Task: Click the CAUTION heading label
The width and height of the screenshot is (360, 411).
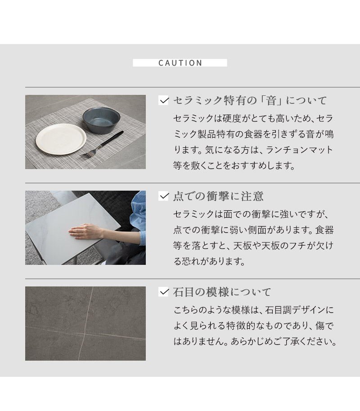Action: click(180, 63)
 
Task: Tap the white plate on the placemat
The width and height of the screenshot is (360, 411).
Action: click(61, 139)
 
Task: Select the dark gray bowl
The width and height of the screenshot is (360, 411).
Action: click(101, 120)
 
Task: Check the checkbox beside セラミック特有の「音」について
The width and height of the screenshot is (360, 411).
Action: click(164, 100)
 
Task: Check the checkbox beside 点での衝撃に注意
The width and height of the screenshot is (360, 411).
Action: click(164, 196)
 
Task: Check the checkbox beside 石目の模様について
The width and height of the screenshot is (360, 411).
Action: click(164, 292)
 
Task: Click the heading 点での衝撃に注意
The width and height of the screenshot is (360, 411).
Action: click(218, 196)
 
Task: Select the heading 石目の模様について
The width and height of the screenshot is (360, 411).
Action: click(222, 292)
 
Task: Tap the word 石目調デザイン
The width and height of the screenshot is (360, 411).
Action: click(293, 310)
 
